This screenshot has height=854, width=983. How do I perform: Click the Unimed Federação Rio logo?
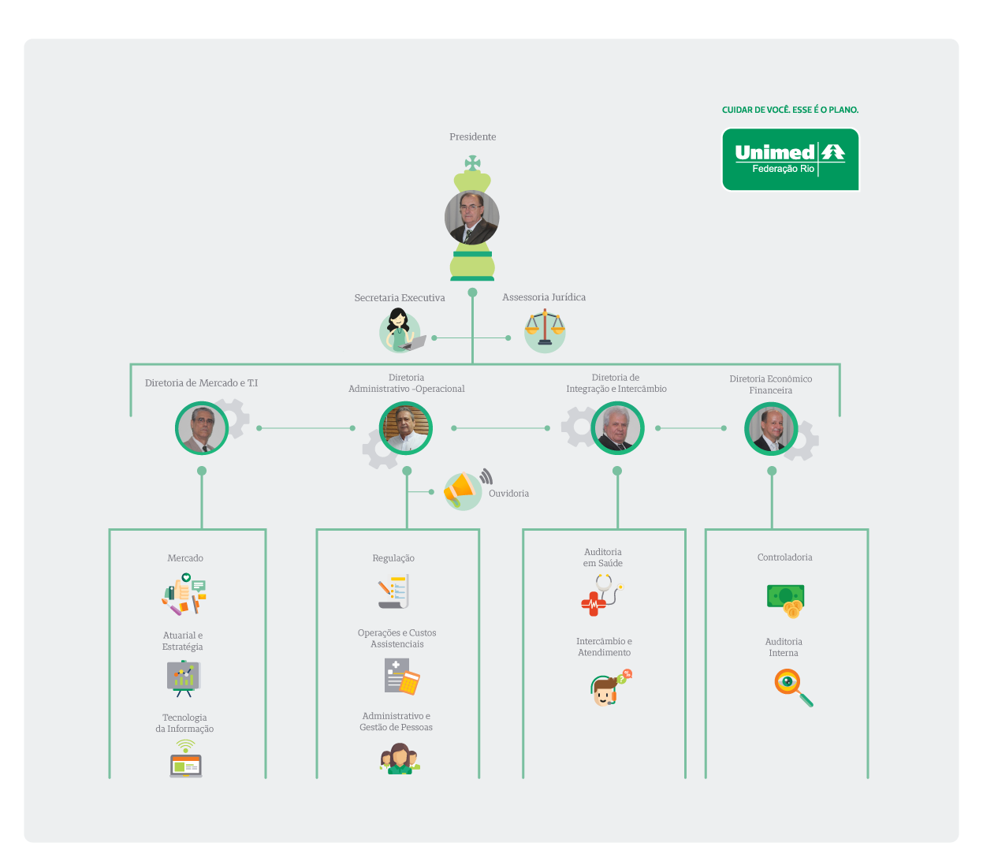tap(790, 159)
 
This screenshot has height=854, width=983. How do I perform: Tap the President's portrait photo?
tap(471, 217)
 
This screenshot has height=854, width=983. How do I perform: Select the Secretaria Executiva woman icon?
tap(400, 330)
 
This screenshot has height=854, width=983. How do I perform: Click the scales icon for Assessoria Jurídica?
tap(545, 329)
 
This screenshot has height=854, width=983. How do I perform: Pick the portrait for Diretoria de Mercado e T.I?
tap(202, 428)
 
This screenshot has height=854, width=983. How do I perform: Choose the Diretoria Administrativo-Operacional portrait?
tap(406, 428)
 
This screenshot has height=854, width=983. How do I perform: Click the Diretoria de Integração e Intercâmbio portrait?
tap(617, 428)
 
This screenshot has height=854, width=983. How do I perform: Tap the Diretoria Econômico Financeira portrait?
tap(771, 428)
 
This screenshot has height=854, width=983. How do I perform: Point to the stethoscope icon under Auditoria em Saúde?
tap(602, 595)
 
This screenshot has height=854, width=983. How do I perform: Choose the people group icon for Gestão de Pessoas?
tap(400, 759)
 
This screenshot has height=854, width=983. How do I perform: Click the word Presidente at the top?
tap(472, 137)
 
